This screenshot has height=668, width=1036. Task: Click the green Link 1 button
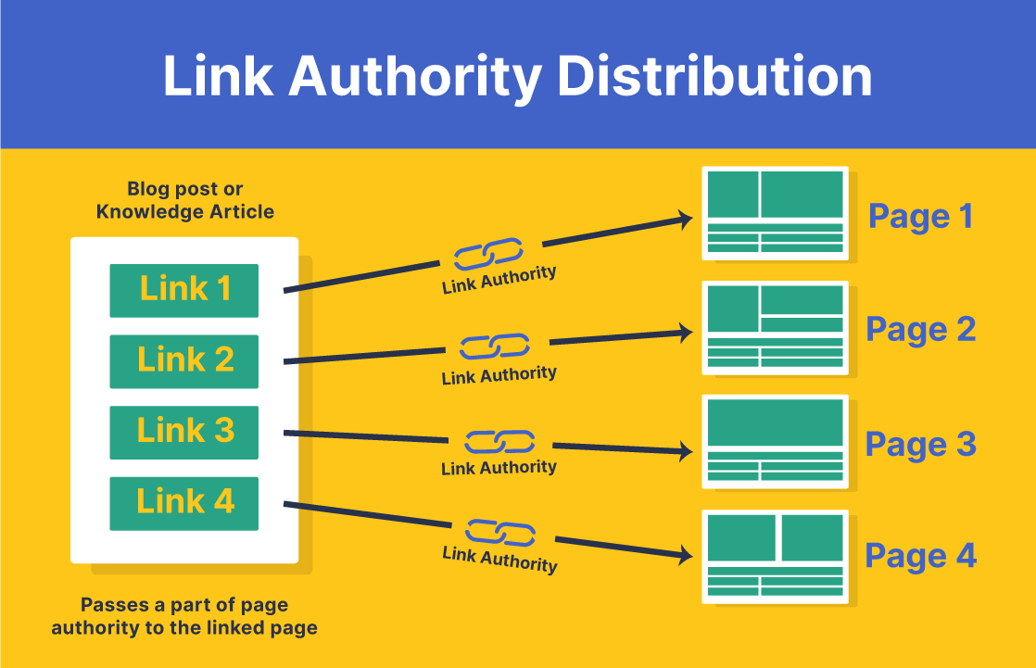pyautogui.click(x=183, y=290)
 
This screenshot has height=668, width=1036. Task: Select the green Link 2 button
pyautogui.click(x=183, y=360)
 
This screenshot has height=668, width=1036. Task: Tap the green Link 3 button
pyautogui.click(x=183, y=432)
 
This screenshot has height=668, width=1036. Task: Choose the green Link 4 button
pyautogui.click(x=183, y=503)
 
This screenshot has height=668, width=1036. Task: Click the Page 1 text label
pyautogui.click(x=920, y=217)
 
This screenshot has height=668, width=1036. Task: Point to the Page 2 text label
pyautogui.click(x=920, y=330)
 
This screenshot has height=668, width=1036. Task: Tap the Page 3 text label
pyautogui.click(x=920, y=445)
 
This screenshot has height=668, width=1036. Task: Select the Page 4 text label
pyautogui.click(x=920, y=556)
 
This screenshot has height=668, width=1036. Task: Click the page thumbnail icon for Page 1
pyautogui.click(x=775, y=212)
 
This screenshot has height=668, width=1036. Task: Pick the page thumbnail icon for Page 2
pyautogui.click(x=775, y=327)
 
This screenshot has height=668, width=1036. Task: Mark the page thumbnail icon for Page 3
pyautogui.click(x=775, y=441)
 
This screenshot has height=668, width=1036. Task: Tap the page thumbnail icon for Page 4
pyautogui.click(x=775, y=555)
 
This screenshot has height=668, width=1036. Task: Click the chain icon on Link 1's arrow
pyautogui.click(x=487, y=253)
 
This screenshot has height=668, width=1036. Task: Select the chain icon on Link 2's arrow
pyautogui.click(x=495, y=347)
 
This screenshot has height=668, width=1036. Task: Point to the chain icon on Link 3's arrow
pyautogui.click(x=499, y=442)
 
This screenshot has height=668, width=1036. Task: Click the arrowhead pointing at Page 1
pyautogui.click(x=686, y=220)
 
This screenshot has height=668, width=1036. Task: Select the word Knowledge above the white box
pyautogui.click(x=148, y=211)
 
